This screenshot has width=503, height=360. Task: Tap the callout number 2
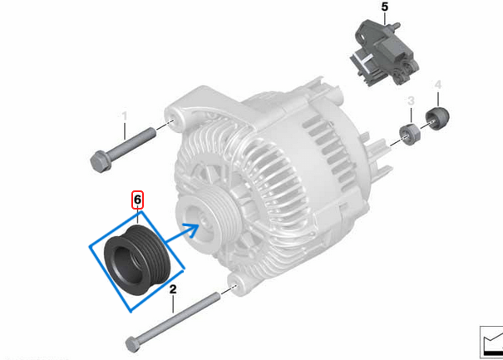173,289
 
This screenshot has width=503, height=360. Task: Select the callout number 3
410,101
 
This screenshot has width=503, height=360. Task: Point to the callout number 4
438,85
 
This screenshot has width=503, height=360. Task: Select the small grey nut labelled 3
408,132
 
